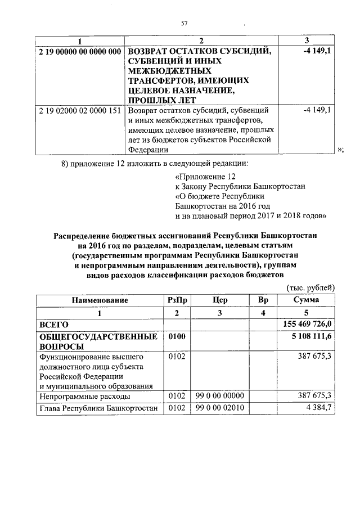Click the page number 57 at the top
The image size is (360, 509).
tap(183, 23)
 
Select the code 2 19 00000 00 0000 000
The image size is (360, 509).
tap(80, 52)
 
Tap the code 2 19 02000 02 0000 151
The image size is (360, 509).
tap(80, 110)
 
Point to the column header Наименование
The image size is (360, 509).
tap(99, 300)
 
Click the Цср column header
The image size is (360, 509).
tap(220, 300)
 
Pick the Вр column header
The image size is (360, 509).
tap(263, 300)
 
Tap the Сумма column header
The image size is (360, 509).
tap(307, 300)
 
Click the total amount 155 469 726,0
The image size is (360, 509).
tap(307, 325)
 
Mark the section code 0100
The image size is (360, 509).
tap(177, 337)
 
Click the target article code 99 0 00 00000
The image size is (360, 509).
tap(220, 397)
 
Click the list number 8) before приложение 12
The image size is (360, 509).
tap(65, 164)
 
